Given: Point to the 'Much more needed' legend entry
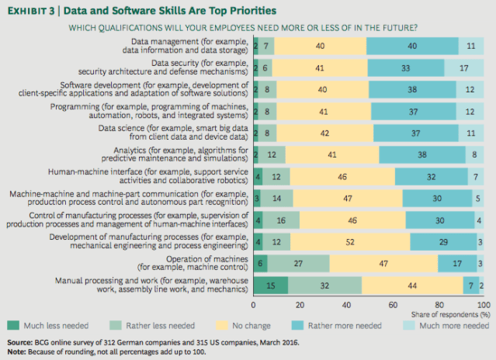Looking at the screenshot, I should point(454,325).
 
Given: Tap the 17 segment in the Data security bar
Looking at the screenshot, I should point(464,67).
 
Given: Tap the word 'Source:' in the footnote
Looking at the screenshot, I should point(19,341).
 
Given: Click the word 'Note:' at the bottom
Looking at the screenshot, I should point(15,350).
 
